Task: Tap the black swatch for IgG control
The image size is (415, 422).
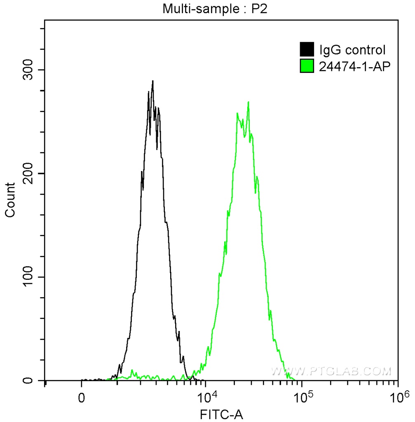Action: point(307,50)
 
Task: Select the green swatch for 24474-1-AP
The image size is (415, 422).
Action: point(307,66)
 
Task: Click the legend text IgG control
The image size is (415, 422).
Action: point(352,50)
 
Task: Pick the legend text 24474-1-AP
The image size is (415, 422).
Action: point(354,66)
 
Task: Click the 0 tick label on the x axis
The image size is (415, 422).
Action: point(82,398)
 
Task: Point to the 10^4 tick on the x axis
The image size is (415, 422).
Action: point(206,397)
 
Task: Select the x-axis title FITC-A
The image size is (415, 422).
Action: point(221,414)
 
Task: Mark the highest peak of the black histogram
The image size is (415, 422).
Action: point(152,81)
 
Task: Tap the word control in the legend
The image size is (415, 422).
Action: point(364,50)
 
